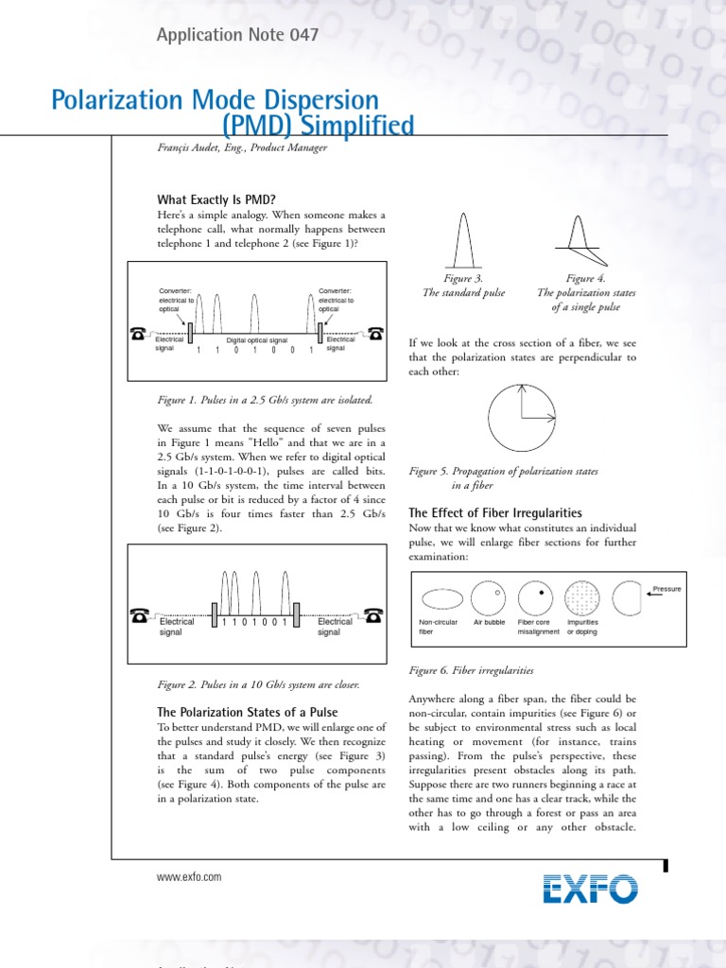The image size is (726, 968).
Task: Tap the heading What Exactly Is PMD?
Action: coord(216,199)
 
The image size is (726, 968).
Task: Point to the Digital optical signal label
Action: coord(257,338)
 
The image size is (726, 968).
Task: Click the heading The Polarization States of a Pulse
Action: coord(247,712)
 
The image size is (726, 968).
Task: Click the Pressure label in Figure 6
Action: coord(666,589)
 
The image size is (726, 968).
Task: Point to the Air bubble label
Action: coord(490,622)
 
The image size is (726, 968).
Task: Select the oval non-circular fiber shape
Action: coord(441,597)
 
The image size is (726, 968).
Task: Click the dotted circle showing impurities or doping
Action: coord(582,597)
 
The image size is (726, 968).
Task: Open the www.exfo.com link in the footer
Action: coord(189,877)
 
